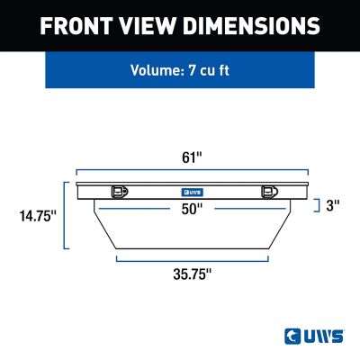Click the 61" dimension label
click(192, 157)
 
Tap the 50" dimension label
click(192, 209)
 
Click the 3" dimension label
click(333, 205)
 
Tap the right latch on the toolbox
click(267, 191)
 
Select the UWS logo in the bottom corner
click(311, 336)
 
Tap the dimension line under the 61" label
click(192, 170)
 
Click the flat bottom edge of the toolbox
click(192, 248)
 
